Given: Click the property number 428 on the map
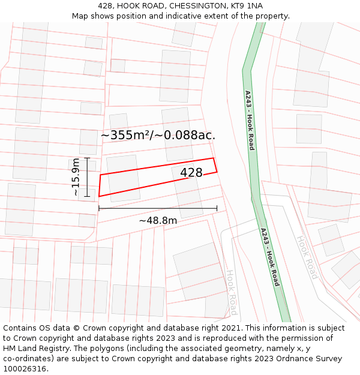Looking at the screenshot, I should [191, 173].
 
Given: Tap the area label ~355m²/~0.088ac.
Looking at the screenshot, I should [158, 136].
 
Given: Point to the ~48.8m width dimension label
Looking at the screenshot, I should [158, 220].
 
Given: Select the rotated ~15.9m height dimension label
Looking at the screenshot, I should [76, 177].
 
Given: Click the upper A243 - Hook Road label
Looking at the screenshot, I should [250, 120].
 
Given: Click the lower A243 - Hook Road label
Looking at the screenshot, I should [270, 257].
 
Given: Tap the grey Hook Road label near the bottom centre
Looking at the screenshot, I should [232, 292].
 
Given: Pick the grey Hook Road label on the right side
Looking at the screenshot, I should [307, 257].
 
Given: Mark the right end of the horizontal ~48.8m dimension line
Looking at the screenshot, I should [217, 209].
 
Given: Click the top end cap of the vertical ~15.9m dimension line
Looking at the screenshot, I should [87, 158].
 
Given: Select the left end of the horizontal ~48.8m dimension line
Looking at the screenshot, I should [99, 209].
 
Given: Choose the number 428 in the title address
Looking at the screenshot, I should [106, 6].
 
